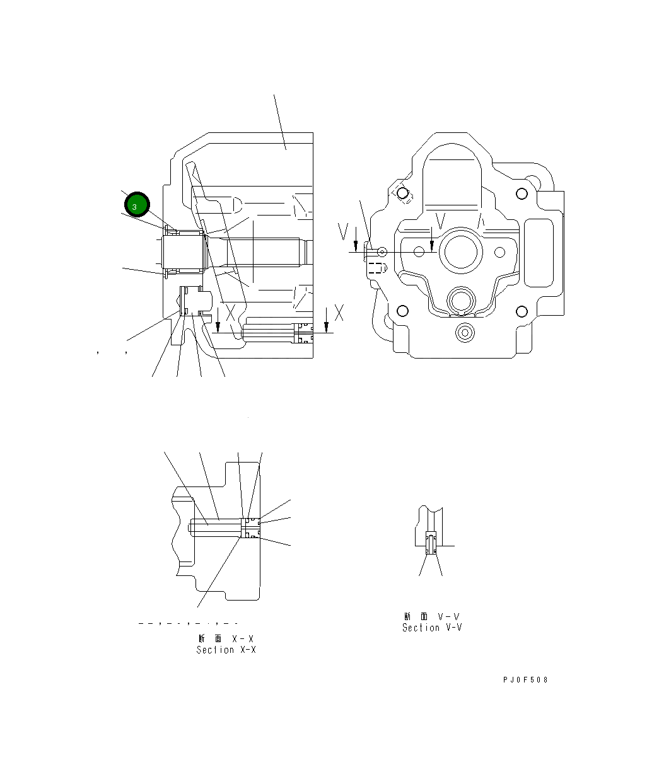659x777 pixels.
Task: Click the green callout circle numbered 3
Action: pos(137,205)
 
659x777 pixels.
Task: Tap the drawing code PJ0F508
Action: pos(525,680)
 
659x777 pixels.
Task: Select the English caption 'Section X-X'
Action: pos(226,650)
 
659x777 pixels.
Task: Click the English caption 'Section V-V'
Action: pos(432,628)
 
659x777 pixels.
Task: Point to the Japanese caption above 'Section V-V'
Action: pos(432,616)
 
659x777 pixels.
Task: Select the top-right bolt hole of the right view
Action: pos(521,193)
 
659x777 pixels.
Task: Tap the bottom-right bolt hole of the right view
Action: pos(521,311)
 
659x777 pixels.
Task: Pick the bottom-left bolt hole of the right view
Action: pos(401,311)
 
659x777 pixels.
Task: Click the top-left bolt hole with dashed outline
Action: pos(401,193)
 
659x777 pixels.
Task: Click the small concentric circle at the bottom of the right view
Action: pos(465,332)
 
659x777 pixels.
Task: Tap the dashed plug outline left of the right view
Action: pos(376,268)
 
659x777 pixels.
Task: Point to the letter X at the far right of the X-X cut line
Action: pos(339,312)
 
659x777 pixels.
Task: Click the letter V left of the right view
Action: pos(343,232)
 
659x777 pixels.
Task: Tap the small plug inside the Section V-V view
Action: pos(431,543)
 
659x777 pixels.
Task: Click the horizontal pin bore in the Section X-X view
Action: pos(214,527)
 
